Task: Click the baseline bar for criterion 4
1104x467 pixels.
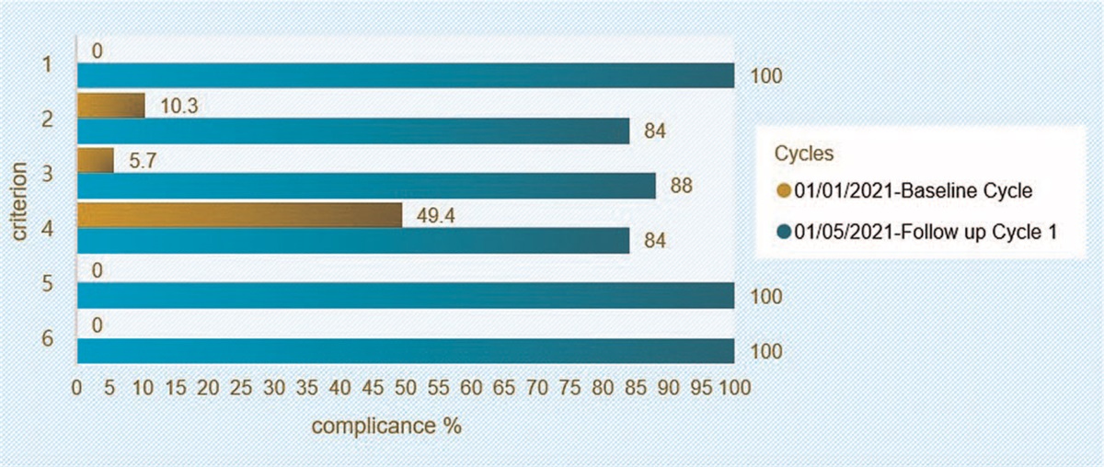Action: (x=239, y=215)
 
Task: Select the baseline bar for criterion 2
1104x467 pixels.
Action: (x=110, y=105)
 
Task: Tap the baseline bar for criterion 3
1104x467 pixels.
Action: (x=96, y=160)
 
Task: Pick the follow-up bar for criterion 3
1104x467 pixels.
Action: (x=366, y=186)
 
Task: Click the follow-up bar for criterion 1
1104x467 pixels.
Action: (x=405, y=75)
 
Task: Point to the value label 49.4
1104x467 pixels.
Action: (x=434, y=217)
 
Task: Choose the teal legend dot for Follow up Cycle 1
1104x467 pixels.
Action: (x=783, y=233)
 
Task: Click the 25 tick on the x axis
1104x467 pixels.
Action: (x=241, y=387)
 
